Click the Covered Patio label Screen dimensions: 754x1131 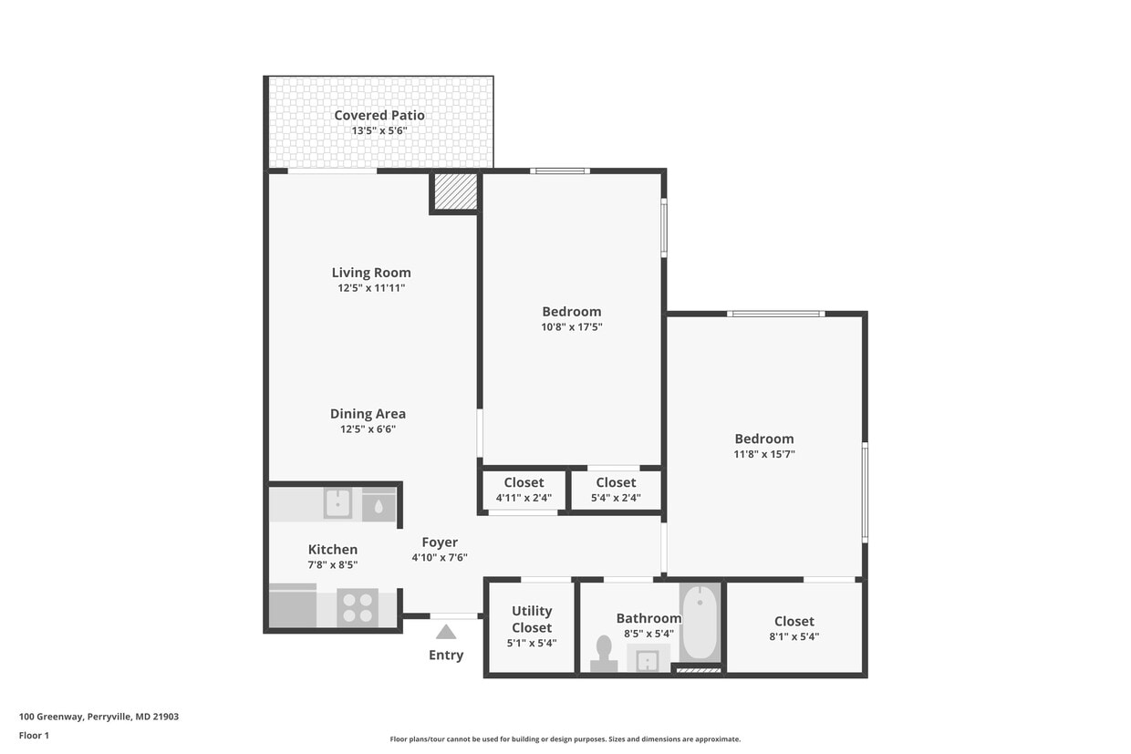point(379,115)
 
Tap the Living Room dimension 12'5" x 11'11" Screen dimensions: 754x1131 point(370,288)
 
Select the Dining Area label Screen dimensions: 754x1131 point(368,414)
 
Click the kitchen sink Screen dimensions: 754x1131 point(337,503)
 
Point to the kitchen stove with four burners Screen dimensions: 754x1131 point(358,607)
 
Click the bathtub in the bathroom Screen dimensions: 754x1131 point(700,623)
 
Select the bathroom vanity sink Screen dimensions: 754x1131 point(648,658)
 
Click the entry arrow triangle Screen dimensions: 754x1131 point(446,632)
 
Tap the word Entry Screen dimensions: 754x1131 point(446,655)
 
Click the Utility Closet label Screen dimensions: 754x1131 point(531,619)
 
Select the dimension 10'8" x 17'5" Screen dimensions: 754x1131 point(572,326)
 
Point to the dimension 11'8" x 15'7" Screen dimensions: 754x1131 point(764,454)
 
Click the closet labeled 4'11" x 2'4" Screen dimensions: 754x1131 point(524,490)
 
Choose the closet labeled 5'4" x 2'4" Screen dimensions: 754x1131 point(616,490)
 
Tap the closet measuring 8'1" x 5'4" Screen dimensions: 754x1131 point(794,628)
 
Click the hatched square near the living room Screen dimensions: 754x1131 point(455,191)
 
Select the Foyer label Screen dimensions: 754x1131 point(440,542)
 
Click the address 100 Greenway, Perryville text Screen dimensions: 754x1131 point(99,717)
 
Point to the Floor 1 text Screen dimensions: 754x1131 point(34,735)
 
